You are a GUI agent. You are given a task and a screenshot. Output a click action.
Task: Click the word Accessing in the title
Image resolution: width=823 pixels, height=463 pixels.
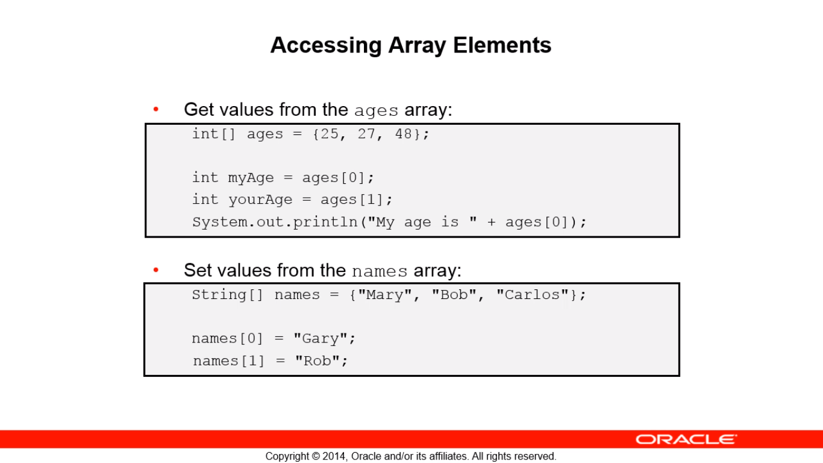click(x=326, y=46)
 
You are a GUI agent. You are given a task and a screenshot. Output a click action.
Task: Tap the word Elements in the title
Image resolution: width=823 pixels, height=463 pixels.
click(x=502, y=45)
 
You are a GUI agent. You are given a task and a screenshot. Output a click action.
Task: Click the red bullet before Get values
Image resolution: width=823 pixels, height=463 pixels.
click(x=156, y=109)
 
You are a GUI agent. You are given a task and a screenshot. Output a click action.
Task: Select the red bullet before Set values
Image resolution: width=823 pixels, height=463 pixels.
click(x=156, y=270)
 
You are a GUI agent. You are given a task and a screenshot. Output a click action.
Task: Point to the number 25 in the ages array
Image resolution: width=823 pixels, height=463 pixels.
click(x=329, y=134)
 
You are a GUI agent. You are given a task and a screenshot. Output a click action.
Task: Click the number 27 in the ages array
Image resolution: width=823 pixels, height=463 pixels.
click(x=366, y=134)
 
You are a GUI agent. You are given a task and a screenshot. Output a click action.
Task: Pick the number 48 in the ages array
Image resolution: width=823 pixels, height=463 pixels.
click(x=404, y=134)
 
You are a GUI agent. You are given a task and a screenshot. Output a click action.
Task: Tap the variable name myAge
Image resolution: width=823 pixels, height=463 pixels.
click(x=251, y=178)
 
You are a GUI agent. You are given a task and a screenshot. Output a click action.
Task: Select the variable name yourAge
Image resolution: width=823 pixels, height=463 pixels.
click(x=260, y=200)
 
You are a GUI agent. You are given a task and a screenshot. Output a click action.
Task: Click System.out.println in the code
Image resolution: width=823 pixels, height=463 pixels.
click(x=275, y=222)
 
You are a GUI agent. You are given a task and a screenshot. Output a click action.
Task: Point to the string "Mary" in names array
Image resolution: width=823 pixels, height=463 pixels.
click(x=384, y=295)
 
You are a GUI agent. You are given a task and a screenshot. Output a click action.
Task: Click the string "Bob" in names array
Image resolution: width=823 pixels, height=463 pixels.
click(x=454, y=295)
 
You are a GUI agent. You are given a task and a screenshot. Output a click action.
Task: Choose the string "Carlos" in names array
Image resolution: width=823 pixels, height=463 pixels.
click(x=533, y=295)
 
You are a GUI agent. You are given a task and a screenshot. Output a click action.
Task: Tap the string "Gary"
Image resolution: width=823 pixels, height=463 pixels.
click(x=321, y=338)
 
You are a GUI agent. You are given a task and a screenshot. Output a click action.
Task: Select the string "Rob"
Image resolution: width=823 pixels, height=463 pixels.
click(x=318, y=361)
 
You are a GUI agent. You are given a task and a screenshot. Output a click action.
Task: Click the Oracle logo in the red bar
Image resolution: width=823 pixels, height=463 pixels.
click(x=686, y=439)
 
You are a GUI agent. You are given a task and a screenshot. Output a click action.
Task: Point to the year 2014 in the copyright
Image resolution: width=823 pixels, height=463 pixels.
click(x=334, y=456)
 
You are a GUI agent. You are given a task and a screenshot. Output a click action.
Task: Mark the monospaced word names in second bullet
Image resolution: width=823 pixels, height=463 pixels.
click(x=380, y=271)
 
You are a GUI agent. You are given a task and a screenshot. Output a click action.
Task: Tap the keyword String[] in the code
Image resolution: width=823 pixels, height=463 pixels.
click(x=228, y=295)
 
